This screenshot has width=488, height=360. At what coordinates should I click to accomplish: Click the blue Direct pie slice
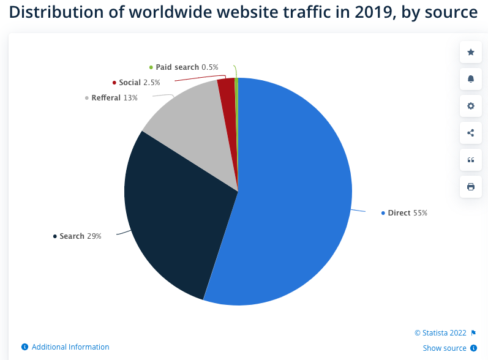[294, 196]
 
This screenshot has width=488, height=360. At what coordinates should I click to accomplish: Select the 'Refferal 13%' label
[114, 98]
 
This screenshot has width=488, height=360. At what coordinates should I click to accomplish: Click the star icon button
[470, 52]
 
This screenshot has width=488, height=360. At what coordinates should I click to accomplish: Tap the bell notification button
[470, 79]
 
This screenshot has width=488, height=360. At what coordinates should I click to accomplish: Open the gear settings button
[470, 106]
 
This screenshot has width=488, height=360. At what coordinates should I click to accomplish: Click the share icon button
[470, 133]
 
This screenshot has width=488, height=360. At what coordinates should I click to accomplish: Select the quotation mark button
[470, 160]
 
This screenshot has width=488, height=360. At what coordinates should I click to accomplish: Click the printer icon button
[470, 187]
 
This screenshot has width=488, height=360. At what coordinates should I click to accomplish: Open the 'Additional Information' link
[70, 347]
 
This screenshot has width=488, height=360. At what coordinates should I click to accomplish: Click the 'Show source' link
[445, 348]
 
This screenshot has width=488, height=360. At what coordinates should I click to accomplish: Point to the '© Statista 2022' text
[440, 333]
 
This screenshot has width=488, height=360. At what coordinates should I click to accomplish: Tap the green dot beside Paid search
[151, 67]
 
